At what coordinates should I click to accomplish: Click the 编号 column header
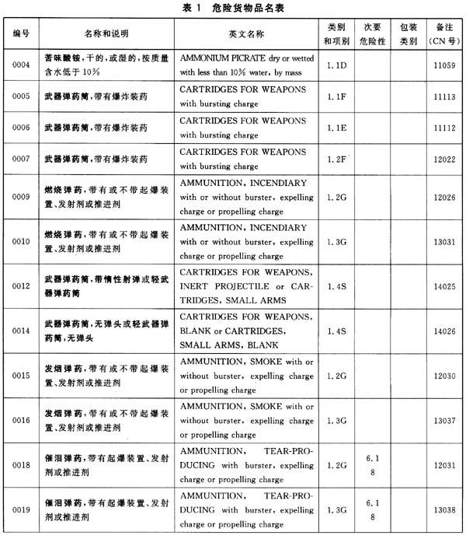pyautogui.click(x=21, y=35)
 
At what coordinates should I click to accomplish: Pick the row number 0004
pyautogui.click(x=21, y=65)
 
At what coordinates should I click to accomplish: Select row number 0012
pyautogui.click(x=21, y=287)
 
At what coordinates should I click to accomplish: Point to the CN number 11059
pyautogui.click(x=443, y=65)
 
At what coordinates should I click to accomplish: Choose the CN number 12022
pyautogui.click(x=443, y=159)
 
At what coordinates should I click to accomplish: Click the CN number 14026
pyautogui.click(x=443, y=331)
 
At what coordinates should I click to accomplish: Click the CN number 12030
pyautogui.click(x=443, y=376)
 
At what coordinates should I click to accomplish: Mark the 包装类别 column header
pyautogui.click(x=408, y=35)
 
